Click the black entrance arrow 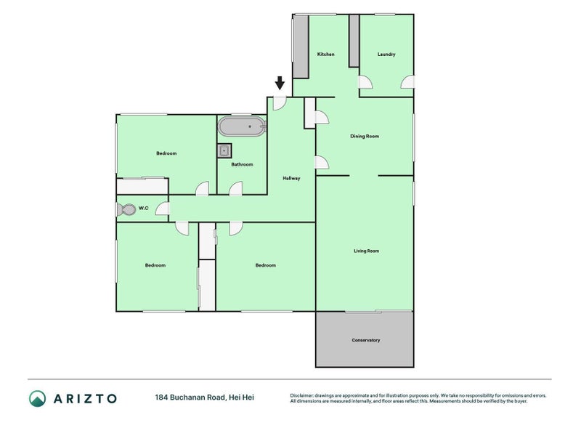pyautogui.click(x=280, y=83)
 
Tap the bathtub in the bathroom pyautogui.click(x=242, y=126)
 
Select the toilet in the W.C pyautogui.click(x=126, y=209)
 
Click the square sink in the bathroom pyautogui.click(x=224, y=151)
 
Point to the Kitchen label pyautogui.click(x=325, y=54)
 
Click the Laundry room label pyautogui.click(x=386, y=54)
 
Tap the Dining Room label pyautogui.click(x=365, y=136)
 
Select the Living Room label pyautogui.click(x=367, y=251)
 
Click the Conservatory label pyautogui.click(x=366, y=340)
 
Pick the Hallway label pyautogui.click(x=291, y=178)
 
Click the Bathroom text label pyautogui.click(x=242, y=164)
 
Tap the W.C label pyautogui.click(x=143, y=208)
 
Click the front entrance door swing pyautogui.click(x=280, y=103)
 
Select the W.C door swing pyautogui.click(x=162, y=209)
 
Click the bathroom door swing pyautogui.click(x=235, y=188)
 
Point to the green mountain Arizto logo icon pyautogui.click(x=38, y=398)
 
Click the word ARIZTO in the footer pyautogui.click(x=85, y=398)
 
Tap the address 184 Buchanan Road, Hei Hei pyautogui.click(x=205, y=397)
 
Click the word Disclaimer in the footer pyautogui.click(x=301, y=395)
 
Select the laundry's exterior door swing pyautogui.click(x=407, y=82)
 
